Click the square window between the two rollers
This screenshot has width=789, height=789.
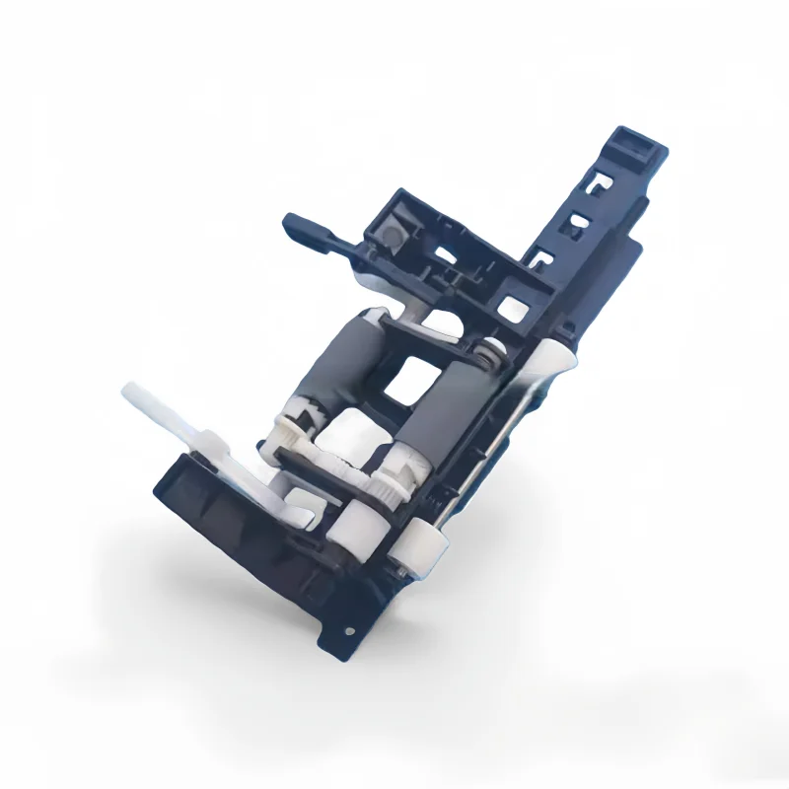(x=404, y=380)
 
